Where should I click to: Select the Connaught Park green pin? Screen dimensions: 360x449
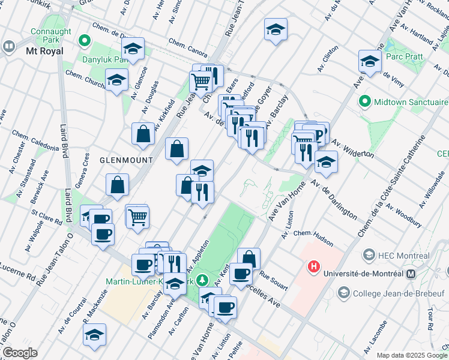[85, 41]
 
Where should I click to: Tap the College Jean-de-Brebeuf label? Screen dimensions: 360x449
[388, 293]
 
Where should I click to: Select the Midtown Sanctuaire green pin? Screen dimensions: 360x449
[363, 101]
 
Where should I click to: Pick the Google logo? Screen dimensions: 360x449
[20, 353]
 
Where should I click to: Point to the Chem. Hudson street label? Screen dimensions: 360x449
[313, 237]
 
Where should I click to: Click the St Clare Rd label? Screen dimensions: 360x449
[47, 217]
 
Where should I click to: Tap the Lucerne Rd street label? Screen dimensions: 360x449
[18, 272]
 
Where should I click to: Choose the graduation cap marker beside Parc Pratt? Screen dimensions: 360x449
[370, 62]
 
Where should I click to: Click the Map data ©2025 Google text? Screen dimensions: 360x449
[412, 355]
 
